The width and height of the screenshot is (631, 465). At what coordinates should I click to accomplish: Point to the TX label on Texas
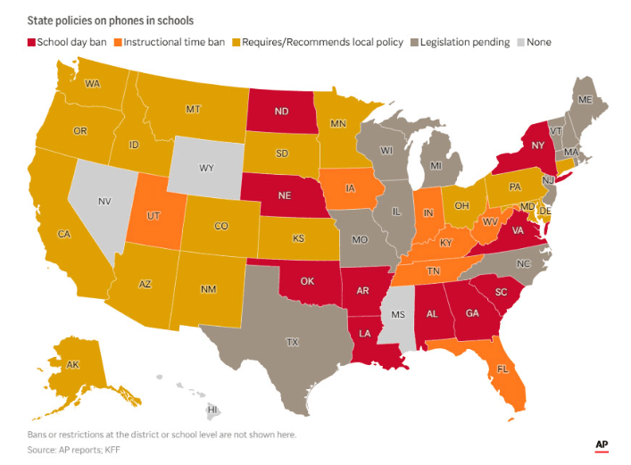tap(292, 342)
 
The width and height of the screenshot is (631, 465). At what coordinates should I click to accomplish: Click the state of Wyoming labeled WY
tap(205, 167)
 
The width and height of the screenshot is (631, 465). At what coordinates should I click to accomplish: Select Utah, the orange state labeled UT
tap(153, 217)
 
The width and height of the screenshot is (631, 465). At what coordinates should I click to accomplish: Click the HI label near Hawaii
tap(212, 410)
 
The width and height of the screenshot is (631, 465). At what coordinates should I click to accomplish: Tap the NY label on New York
tap(536, 145)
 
